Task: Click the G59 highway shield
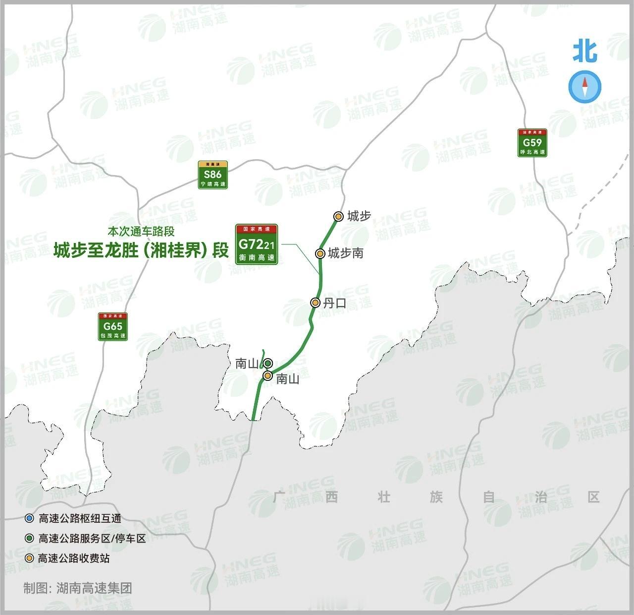point(532,143)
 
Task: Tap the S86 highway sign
point(212,175)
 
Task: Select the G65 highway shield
point(113,326)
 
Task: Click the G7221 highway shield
point(256,245)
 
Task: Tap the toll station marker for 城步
point(338,216)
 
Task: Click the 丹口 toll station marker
point(315,303)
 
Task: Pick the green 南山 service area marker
point(268,363)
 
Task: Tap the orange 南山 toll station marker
point(267,376)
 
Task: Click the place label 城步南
point(346,253)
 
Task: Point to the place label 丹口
point(334,303)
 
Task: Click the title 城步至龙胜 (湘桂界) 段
point(141,250)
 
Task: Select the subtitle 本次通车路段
point(141,231)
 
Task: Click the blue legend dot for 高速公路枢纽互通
point(30,519)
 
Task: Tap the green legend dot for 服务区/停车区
point(30,539)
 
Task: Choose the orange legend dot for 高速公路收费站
point(30,558)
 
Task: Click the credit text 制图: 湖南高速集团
point(78,589)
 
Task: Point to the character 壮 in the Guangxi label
point(384,496)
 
